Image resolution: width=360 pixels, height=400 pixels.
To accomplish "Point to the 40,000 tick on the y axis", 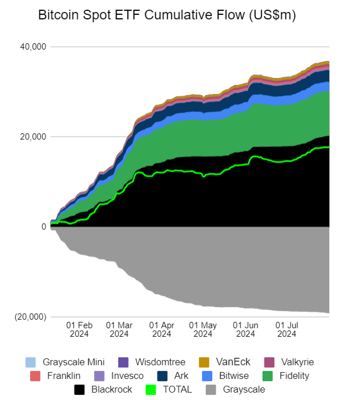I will click(33, 47).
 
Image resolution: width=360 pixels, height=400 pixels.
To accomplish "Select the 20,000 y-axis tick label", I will click(33, 137).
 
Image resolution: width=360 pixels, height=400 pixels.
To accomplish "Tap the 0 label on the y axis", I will click(43, 226).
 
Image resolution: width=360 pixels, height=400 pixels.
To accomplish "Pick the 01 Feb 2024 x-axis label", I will click(79, 329).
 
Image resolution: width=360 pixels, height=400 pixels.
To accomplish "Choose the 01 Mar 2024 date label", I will click(119, 329).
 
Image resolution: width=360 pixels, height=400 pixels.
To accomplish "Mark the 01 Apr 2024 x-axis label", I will click(162, 329).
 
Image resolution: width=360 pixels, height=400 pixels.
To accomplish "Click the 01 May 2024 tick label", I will click(203, 329).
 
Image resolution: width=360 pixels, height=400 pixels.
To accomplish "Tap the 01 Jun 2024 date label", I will click(246, 329).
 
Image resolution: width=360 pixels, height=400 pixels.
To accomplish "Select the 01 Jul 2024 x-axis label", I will click(287, 329).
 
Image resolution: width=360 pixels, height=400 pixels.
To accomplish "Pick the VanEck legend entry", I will click(226, 362).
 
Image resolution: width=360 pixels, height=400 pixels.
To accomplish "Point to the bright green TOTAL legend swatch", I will click(151, 390).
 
